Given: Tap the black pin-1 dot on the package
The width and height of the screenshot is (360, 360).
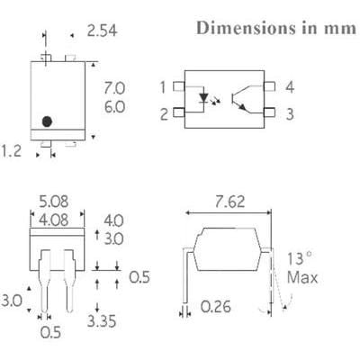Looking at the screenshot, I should coord(48,120).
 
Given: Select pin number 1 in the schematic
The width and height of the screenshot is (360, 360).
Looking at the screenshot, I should coord(163,87).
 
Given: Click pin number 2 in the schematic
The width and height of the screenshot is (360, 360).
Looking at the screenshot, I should coord(163,113).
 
